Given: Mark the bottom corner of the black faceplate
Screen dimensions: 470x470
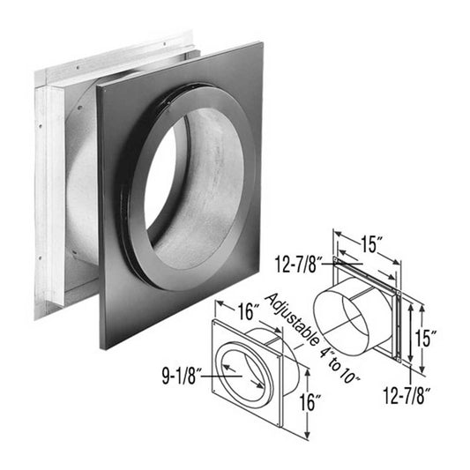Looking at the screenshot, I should click(104, 344).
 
